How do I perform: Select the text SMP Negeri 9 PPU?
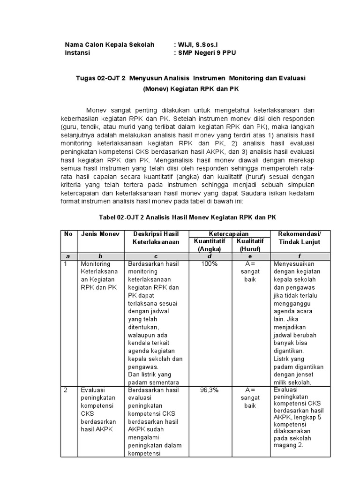click(x=207, y=53)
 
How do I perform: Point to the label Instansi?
click(x=77, y=53)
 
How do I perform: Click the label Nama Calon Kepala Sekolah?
click(x=109, y=45)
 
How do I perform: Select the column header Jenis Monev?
click(x=100, y=234)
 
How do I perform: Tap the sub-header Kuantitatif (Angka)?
click(x=210, y=244)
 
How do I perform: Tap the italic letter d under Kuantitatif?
click(x=210, y=256)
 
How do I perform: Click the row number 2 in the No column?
click(x=66, y=390)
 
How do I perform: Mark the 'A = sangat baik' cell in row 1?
click(x=249, y=272)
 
